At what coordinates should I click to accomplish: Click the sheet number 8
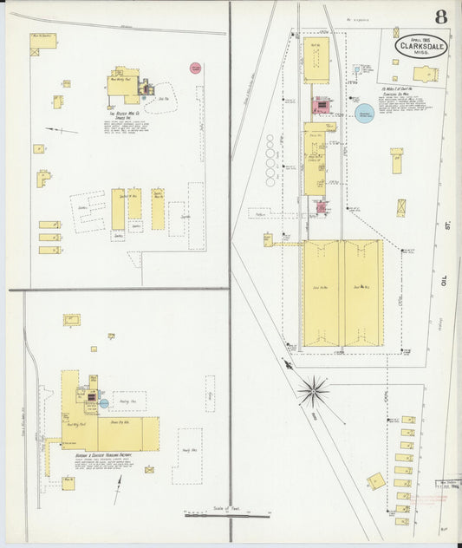pyautogui.click(x=441, y=17)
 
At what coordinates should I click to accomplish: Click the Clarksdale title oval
pyautogui.click(x=422, y=46)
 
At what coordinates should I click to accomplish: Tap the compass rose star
pyautogui.click(x=313, y=391)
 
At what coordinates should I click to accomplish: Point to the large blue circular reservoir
pyautogui.click(x=366, y=114)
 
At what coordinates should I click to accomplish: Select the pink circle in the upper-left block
pyautogui.click(x=195, y=68)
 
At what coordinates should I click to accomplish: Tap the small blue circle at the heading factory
pyautogui.click(x=104, y=402)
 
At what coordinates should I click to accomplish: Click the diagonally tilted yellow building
pyautogui.click(x=376, y=480)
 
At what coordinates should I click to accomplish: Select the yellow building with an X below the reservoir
pyautogui.click(x=401, y=208)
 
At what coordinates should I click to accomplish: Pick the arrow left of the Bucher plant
pyautogui.click(x=61, y=130)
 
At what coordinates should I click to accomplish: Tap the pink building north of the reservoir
pyautogui.click(x=321, y=106)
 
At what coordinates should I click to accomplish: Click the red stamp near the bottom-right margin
pyautogui.click(x=427, y=500)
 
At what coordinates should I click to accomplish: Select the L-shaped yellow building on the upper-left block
pyautogui.click(x=42, y=179)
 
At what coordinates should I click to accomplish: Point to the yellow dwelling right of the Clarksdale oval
pyautogui.click(x=425, y=74)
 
